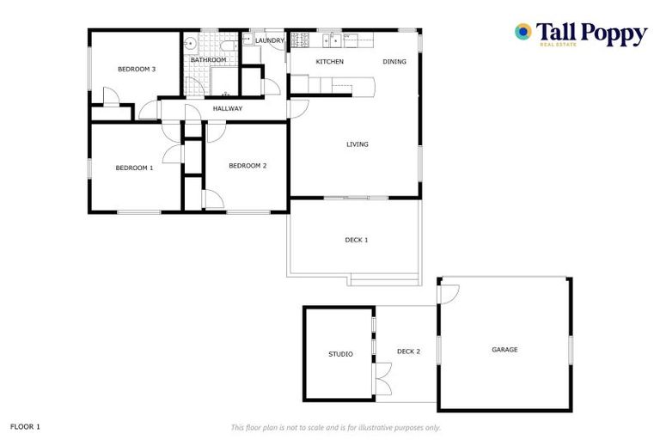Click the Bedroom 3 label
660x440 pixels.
tap(136, 69)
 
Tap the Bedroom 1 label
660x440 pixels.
tap(134, 168)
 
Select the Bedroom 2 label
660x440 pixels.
tap(247, 166)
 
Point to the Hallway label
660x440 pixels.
tap(228, 109)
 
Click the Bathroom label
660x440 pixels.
tap(209, 60)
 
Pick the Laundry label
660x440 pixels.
tap(269, 40)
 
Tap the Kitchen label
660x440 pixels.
tap(330, 62)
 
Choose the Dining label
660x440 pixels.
tap(394, 62)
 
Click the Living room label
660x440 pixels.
tap(357, 144)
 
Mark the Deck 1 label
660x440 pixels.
tap(356, 240)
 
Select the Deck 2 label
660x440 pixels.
tap(408, 351)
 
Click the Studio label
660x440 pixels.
tap(340, 354)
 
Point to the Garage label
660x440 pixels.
tap(504, 350)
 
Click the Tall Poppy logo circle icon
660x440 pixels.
tap(522, 32)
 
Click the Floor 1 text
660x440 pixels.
tap(25, 426)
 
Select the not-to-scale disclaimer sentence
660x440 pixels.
tap(335, 427)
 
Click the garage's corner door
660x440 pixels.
tap(447, 292)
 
